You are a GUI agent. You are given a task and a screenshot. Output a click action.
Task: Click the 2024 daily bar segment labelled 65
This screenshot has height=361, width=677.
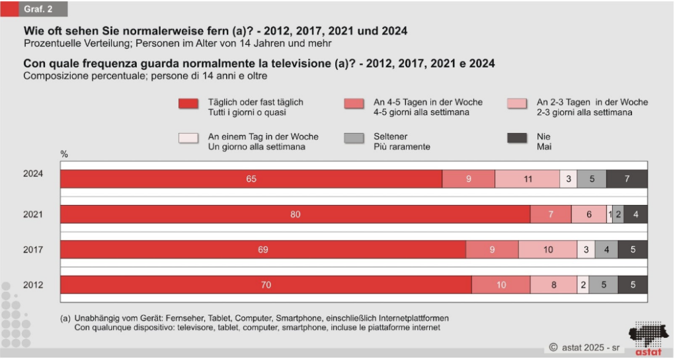tap(251, 179)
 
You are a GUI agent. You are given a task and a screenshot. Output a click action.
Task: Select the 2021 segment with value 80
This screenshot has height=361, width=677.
tap(295, 214)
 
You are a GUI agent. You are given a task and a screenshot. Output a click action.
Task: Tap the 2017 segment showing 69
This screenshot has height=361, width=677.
tap(263, 249)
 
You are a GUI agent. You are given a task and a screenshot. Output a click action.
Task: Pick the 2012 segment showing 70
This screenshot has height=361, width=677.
tap(266, 285)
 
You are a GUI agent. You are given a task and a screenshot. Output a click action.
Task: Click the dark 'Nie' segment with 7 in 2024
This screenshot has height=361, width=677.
tap(627, 179)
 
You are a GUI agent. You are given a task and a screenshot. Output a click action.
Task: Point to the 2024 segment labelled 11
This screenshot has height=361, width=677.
tap(527, 179)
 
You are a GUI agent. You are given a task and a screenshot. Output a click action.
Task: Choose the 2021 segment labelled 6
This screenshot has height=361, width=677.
tap(588, 214)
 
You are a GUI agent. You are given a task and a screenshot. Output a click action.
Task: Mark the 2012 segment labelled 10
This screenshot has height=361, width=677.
tap(500, 285)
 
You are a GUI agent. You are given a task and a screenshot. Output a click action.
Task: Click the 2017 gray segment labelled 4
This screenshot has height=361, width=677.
tap(607, 249)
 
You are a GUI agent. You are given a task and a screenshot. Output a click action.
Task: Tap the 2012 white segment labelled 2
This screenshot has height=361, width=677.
tap(582, 285)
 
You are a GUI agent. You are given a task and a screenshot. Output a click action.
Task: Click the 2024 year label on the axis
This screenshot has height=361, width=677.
tap(32, 174)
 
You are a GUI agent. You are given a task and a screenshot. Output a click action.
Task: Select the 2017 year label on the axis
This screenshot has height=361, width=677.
tap(32, 249)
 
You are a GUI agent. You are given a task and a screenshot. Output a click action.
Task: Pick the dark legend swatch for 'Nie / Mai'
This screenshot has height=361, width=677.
tap(516, 138)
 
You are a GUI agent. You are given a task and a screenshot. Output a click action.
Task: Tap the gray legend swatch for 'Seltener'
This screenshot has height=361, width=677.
tap(354, 138)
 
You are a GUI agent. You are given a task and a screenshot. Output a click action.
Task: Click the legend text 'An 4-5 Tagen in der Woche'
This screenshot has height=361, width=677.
tap(428, 102)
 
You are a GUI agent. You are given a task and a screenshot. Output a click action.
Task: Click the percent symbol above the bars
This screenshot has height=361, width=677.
tap(64, 154)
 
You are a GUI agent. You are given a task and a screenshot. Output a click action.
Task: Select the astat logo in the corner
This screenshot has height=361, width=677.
tap(647, 338)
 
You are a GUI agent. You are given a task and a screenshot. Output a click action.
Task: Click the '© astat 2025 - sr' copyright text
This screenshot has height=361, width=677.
tap(584, 346)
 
